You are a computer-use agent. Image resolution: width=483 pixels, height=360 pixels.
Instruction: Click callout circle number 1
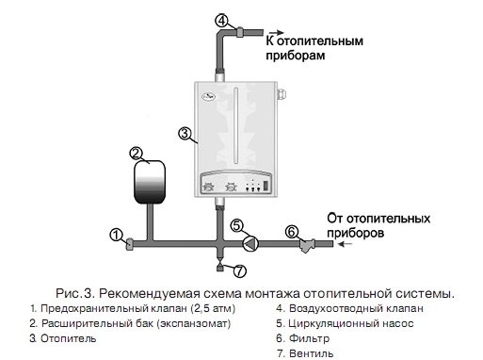click(x=117, y=234)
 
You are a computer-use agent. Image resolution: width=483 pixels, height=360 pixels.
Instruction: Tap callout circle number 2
click(x=137, y=152)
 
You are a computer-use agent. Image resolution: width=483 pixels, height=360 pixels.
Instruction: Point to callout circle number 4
click(x=222, y=20)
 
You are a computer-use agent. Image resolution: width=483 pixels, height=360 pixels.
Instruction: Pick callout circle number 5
click(x=237, y=226)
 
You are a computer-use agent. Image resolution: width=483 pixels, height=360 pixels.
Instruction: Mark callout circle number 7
click(x=239, y=272)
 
